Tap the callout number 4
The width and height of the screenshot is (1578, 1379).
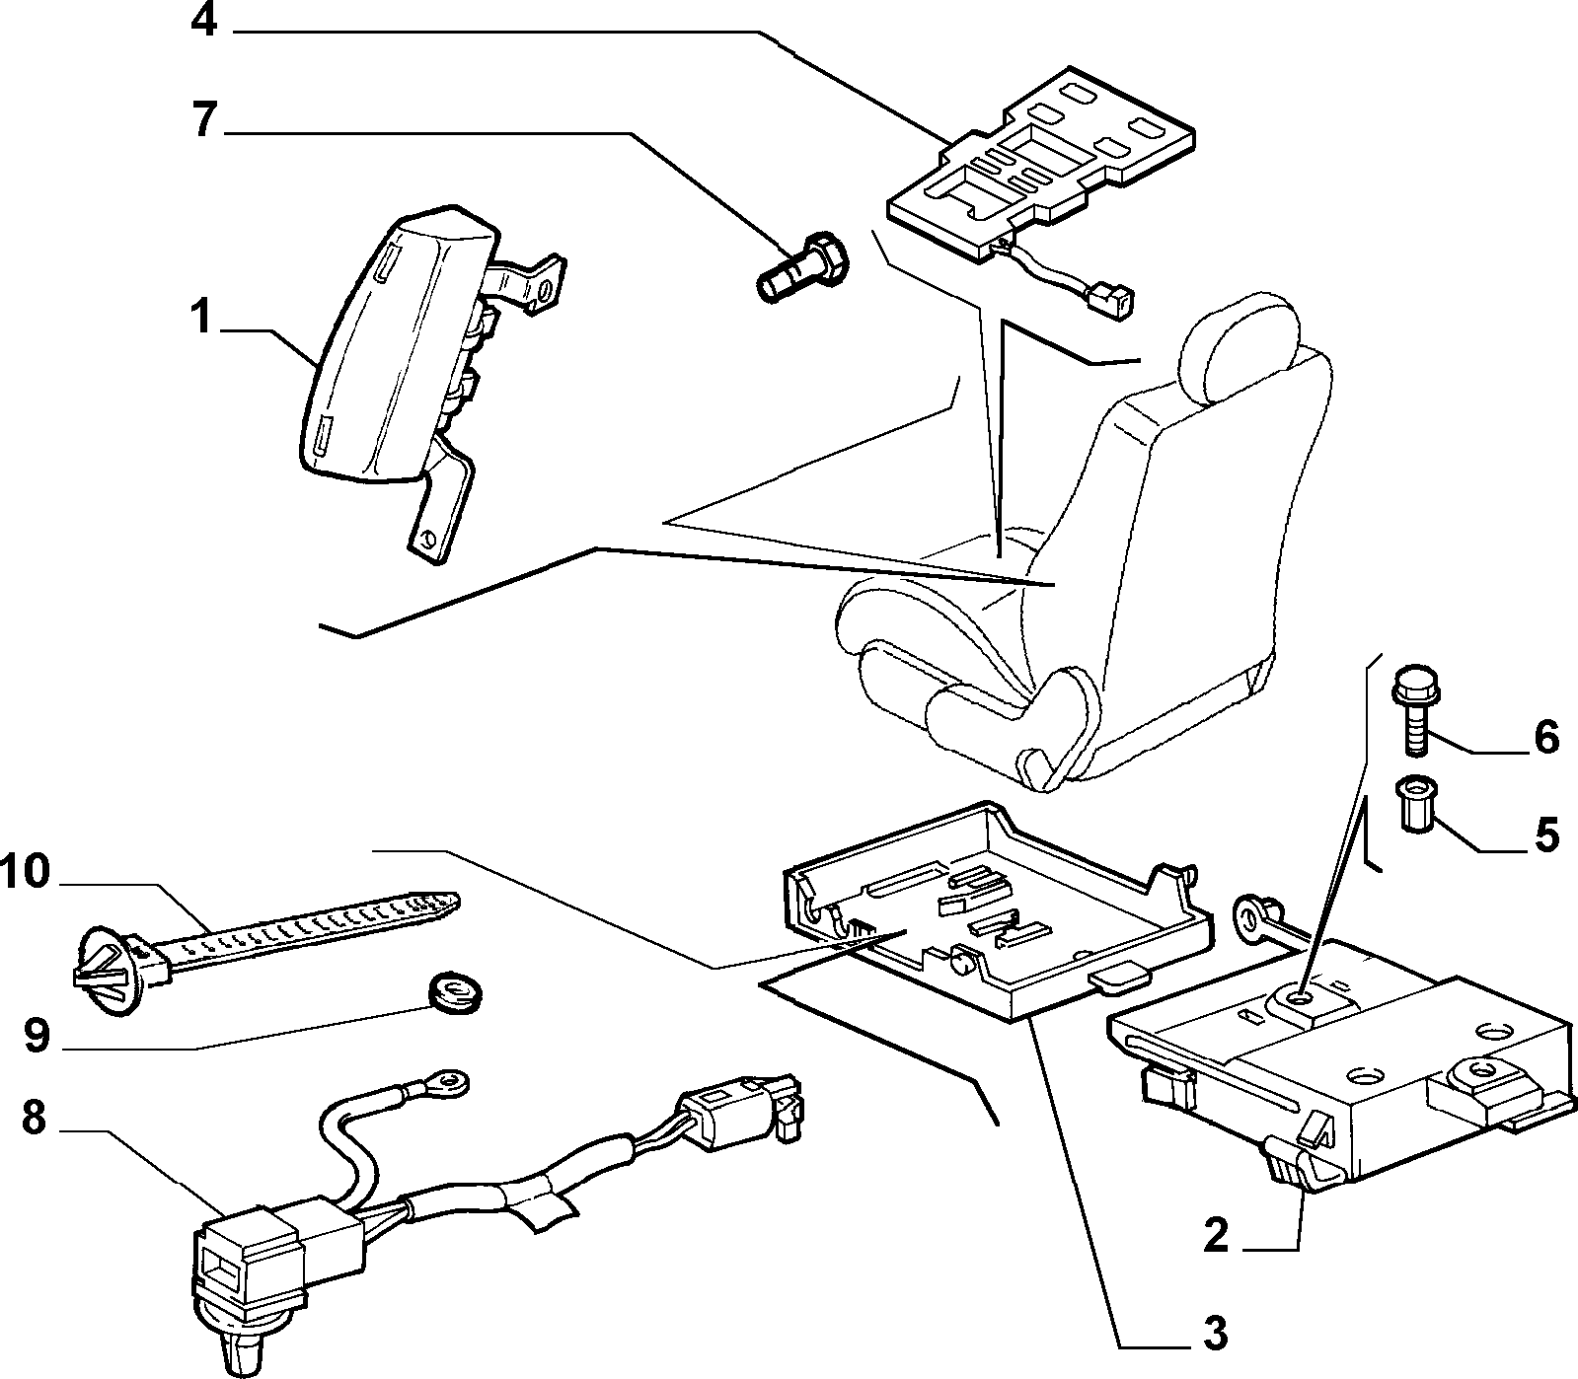[x=203, y=21]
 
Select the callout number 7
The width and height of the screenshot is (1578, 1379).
[x=203, y=120]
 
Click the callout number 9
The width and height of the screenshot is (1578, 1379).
[x=37, y=1036]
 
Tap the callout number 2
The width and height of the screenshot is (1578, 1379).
[x=1216, y=1234]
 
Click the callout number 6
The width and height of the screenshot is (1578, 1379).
[x=1545, y=738]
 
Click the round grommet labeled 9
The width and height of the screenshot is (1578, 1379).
[x=456, y=990]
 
